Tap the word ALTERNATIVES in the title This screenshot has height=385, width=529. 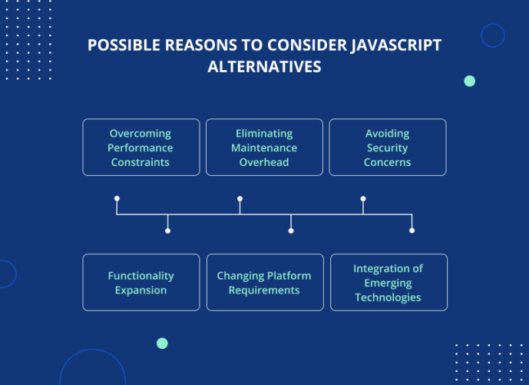[x=264, y=67]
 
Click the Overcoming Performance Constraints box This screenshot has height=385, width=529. [x=141, y=148]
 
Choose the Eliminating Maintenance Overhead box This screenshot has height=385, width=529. [x=264, y=148]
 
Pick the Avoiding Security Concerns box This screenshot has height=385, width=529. [x=388, y=148]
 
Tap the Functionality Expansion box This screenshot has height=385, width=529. [x=141, y=283]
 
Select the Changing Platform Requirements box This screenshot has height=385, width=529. [x=264, y=283]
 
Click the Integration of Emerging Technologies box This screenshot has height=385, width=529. [x=388, y=283]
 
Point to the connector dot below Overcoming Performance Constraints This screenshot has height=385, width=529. [x=117, y=198]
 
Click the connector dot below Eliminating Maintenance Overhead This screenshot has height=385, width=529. [x=240, y=198]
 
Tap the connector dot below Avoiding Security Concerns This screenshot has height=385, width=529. [x=363, y=198]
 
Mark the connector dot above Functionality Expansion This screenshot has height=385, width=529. [x=167, y=231]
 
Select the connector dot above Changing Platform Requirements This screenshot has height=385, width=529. [x=291, y=231]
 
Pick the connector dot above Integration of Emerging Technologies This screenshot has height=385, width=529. [x=412, y=231]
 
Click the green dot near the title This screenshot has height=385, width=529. [x=470, y=81]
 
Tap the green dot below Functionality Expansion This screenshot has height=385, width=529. [x=162, y=344]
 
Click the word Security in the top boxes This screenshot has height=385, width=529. [x=388, y=148]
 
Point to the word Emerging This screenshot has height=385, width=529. [x=388, y=283]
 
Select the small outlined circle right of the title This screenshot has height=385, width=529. [x=493, y=35]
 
